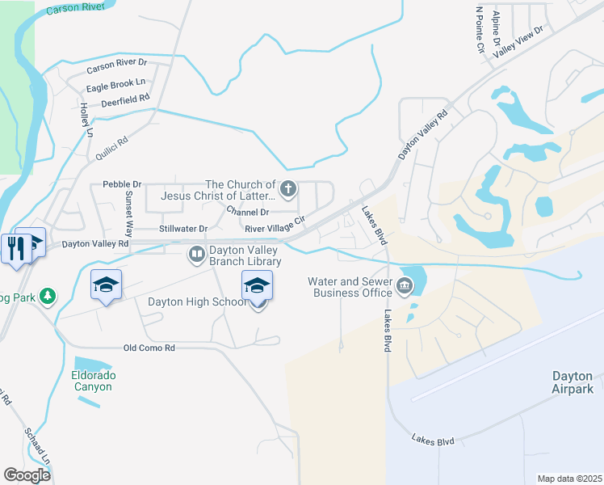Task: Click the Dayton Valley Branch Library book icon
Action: (x=196, y=255)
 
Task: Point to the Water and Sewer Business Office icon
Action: (x=405, y=285)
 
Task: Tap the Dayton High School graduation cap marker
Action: (x=258, y=287)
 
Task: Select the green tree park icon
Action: (x=48, y=297)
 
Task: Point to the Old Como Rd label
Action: (x=149, y=348)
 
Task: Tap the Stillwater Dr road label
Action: (x=183, y=229)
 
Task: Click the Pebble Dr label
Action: (x=122, y=184)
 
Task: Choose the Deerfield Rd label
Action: (x=126, y=100)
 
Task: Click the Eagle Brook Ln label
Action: (x=116, y=82)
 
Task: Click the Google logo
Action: (x=27, y=475)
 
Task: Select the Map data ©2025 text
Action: (x=568, y=479)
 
